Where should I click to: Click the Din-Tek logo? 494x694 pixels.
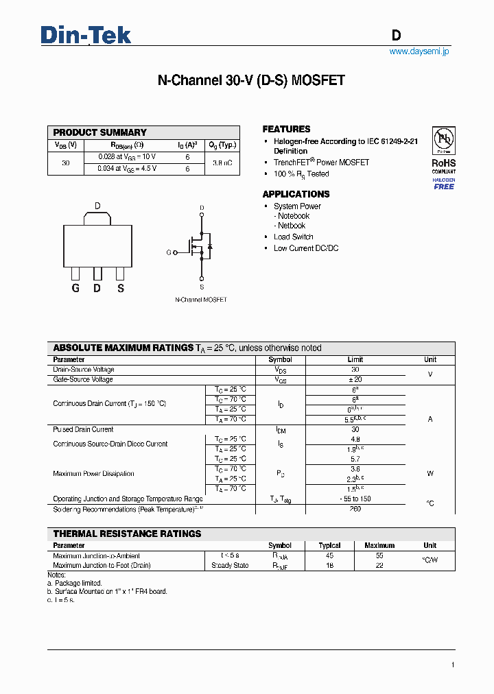[x=86, y=34]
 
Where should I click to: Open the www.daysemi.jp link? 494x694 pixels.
[x=419, y=51]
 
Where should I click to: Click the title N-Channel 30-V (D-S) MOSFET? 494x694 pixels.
[x=251, y=80]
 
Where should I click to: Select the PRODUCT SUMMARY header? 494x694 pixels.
[x=100, y=132]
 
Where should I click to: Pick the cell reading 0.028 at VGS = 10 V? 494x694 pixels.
[x=127, y=157]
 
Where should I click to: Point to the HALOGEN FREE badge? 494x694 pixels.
[x=443, y=183]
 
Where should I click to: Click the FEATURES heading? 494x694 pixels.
[x=286, y=129]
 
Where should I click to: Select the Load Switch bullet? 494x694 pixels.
[x=293, y=237]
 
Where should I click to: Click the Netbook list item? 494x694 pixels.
[x=291, y=226]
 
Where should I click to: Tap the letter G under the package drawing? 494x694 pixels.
[x=75, y=288]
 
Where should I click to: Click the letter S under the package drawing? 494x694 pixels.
[x=121, y=288]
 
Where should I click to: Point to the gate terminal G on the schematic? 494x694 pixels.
[x=169, y=252]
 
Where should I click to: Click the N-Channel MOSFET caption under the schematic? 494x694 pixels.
[x=201, y=300]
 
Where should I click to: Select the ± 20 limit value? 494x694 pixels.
[x=355, y=379]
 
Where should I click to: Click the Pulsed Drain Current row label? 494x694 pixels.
[x=83, y=429]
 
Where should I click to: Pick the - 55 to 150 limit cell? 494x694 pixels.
[x=355, y=499]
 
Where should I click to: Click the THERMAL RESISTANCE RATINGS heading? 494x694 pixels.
[x=127, y=534]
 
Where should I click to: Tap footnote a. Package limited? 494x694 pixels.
[x=74, y=583]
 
